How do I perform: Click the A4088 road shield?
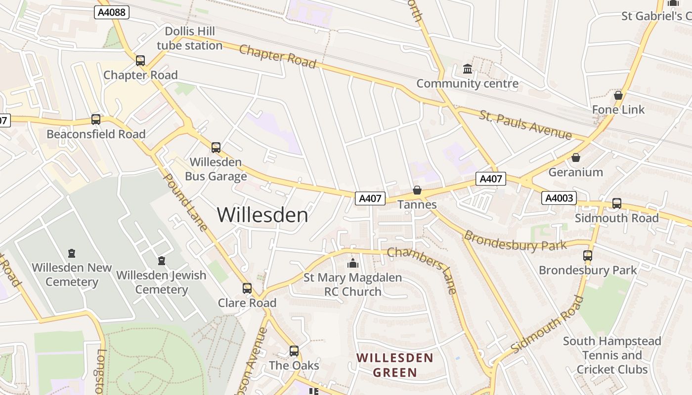(x=112, y=12)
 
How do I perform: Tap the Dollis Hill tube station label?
(x=189, y=39)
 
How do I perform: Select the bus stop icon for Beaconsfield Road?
(x=96, y=119)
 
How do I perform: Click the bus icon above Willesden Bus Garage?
(x=216, y=147)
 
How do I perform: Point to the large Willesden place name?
(x=262, y=215)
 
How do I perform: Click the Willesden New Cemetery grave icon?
(x=72, y=253)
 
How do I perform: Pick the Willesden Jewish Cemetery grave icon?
(x=161, y=261)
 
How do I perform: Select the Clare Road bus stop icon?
(x=247, y=288)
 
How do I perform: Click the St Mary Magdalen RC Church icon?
(x=353, y=264)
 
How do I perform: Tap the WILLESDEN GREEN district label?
(x=395, y=365)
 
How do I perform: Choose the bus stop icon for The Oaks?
(x=294, y=351)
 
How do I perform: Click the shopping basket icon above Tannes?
(x=417, y=190)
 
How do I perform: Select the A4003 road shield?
(x=560, y=198)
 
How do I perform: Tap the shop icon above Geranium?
(x=576, y=158)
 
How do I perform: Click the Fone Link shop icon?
(x=618, y=95)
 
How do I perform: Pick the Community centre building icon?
(x=468, y=69)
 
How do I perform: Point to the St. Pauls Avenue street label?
(x=525, y=125)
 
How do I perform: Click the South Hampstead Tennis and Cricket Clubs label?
(x=612, y=355)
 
